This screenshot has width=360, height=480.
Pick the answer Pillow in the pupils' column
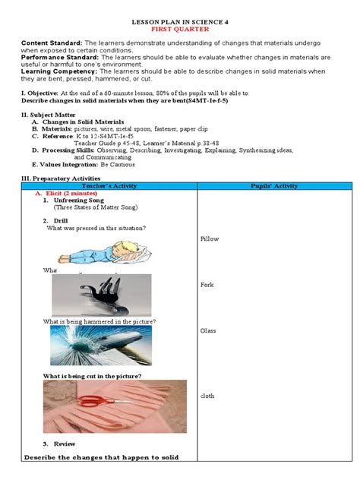(209, 238)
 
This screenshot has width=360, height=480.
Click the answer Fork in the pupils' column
(207, 285)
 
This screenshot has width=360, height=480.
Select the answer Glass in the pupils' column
(208, 331)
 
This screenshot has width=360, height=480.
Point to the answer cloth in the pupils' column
(207, 396)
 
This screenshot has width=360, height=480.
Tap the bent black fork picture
(95, 295)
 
